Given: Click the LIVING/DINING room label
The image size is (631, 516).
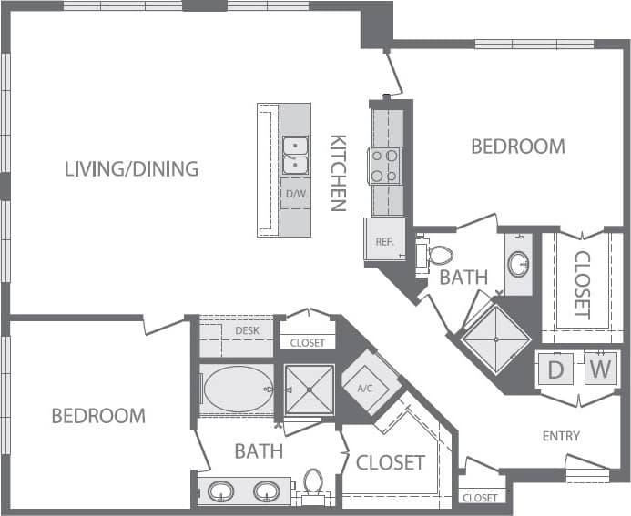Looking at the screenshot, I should [131, 168].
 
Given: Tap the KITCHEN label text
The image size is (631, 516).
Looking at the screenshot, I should [338, 173].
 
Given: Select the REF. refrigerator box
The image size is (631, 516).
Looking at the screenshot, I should [383, 240].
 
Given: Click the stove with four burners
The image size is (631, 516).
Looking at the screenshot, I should [385, 165].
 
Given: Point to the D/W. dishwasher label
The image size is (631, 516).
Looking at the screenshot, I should [295, 194].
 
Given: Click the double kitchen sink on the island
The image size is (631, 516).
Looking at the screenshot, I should [295, 155].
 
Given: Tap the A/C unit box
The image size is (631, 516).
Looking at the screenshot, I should [365, 388].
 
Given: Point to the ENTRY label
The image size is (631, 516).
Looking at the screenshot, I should [561, 436].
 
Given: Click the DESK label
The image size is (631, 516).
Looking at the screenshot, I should [247, 330].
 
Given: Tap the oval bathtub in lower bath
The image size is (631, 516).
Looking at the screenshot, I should [237, 390].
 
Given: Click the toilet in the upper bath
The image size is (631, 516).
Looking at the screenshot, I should [438, 255].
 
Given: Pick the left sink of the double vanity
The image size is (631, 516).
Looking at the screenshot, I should [221, 492].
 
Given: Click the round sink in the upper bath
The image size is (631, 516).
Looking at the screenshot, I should [518, 265].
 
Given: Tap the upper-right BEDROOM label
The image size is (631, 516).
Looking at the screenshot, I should [517, 146].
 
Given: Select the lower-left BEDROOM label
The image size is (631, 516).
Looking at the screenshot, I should [97, 416].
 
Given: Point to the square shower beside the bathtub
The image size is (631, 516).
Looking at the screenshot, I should [309, 390].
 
